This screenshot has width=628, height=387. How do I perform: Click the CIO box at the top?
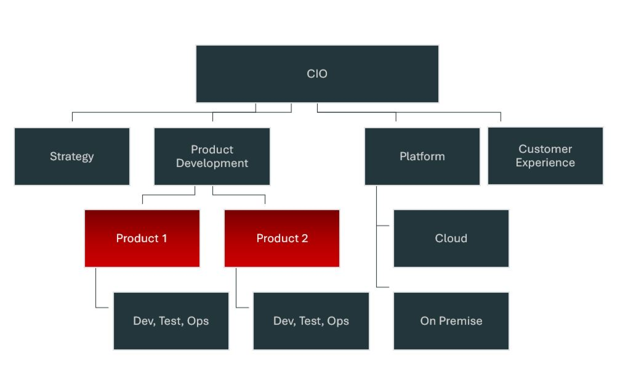317,74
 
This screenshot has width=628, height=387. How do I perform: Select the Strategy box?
72,156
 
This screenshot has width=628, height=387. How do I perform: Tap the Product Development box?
212,156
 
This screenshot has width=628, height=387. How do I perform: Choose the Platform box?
422,156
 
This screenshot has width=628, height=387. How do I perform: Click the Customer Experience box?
545,156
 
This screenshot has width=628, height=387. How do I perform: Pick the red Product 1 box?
142,238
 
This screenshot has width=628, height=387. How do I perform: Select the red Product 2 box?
282,238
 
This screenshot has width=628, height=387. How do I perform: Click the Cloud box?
451,238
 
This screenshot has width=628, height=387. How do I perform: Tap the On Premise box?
451,321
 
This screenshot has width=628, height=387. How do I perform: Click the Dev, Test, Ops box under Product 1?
171,321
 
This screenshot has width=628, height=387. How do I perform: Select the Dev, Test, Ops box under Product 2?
311,321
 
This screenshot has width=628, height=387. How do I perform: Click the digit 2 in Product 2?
305,238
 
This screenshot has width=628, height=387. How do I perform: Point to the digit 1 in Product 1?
164,238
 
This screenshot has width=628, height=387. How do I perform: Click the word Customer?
545,149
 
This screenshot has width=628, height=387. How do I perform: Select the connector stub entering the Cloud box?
383,226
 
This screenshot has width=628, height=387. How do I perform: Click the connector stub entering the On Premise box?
383,287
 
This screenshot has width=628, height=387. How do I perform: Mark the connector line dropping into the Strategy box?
72,117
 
